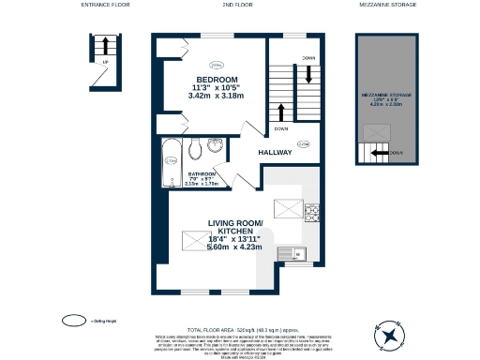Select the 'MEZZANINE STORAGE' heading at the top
(387, 5)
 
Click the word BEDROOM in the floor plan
(217, 78)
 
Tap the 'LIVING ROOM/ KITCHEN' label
(232, 228)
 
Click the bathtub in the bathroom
(171, 160)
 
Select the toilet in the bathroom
(196, 150)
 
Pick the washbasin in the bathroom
(216, 145)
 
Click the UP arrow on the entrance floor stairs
(108, 46)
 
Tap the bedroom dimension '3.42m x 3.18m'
(217, 96)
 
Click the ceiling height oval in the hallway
(302, 143)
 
